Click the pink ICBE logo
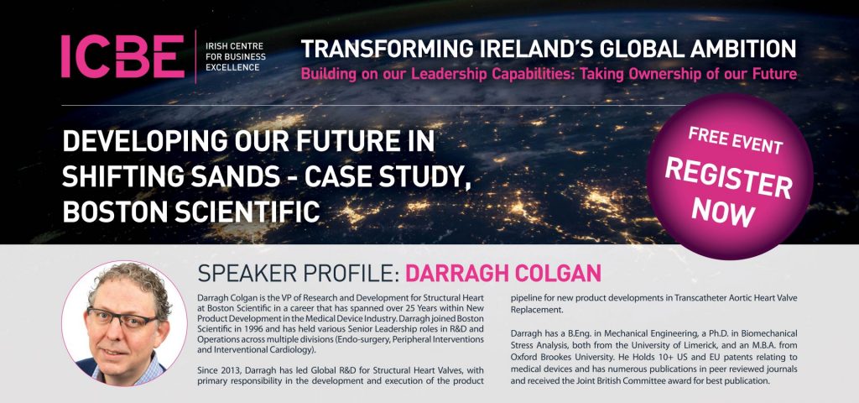tap(123, 56)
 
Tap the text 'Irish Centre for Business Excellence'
tap(235, 56)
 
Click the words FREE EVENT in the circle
tap(735, 140)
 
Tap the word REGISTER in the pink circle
tap(728, 180)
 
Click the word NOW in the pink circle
tap(723, 210)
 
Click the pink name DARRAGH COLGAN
tap(503, 273)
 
